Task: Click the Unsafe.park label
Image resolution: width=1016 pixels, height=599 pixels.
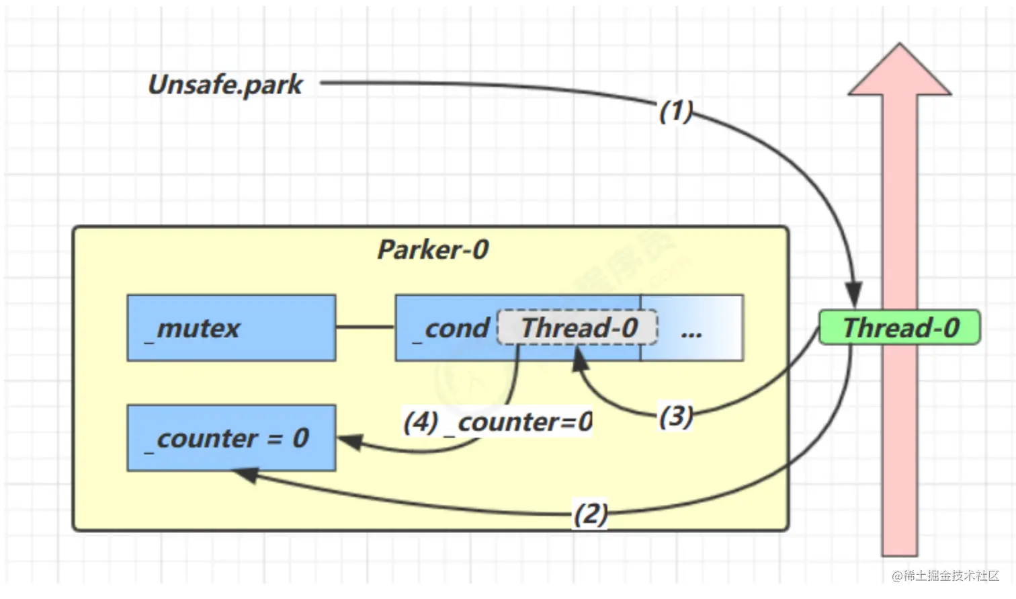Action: tap(225, 85)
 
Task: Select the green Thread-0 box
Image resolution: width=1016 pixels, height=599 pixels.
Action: tap(900, 327)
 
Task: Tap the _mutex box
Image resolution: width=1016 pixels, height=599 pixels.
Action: tap(231, 328)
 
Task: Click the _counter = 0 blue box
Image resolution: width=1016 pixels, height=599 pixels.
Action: tap(231, 438)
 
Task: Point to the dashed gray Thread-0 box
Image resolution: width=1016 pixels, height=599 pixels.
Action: tap(578, 327)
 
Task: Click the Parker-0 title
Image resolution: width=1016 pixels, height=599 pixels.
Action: tap(433, 250)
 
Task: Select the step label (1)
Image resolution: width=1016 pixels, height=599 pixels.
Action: tap(675, 111)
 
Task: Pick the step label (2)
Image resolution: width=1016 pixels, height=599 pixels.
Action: tap(590, 514)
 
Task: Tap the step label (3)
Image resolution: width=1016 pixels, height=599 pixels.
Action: tap(675, 416)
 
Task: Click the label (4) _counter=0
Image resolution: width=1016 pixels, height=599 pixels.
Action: tap(497, 422)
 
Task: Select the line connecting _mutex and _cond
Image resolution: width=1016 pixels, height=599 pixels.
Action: tap(366, 327)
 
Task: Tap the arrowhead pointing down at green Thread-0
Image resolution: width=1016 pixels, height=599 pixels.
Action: tap(853, 296)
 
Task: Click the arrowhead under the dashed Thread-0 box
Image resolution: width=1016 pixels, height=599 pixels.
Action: tap(579, 362)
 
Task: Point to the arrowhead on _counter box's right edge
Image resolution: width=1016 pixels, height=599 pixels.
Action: tap(351, 442)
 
